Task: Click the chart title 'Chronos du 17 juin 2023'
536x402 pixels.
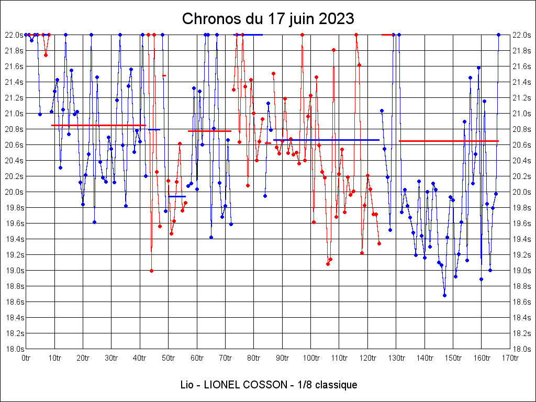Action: coord(268,19)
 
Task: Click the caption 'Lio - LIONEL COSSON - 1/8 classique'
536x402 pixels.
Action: coord(268,385)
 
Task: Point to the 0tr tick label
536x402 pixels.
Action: coord(26,358)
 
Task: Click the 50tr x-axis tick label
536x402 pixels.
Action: coord(169,358)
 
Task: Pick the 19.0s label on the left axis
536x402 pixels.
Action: coord(14,271)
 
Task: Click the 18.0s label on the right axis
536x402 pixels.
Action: coord(522,349)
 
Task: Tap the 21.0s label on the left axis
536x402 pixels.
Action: coord(14,114)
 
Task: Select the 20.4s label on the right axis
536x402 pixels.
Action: coord(522,161)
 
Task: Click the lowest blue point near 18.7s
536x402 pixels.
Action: coord(444,295)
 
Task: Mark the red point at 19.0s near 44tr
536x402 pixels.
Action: coord(151,271)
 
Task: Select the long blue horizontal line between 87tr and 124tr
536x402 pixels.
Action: coord(326,140)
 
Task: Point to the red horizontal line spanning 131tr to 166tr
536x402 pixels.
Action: coord(449,141)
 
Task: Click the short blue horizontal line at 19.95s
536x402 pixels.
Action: coord(177,196)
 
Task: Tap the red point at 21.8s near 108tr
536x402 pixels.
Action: coord(333,50)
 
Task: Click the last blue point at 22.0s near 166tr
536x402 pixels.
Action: coord(498,35)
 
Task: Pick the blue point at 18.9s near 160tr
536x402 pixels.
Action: coord(481,279)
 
